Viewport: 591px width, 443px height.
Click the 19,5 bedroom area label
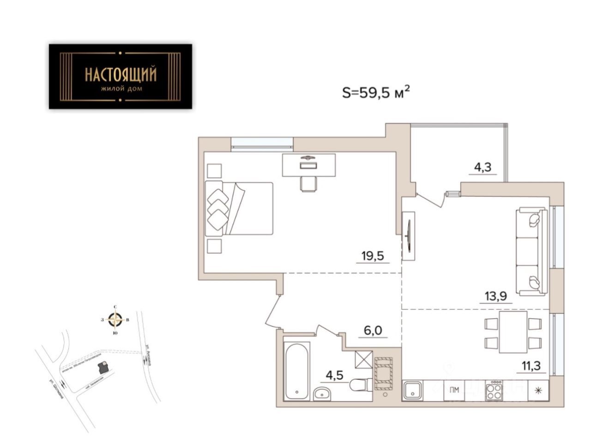pos(373,255)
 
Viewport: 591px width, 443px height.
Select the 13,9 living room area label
pos(499,296)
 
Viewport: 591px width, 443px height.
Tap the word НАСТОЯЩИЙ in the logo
pos(121,74)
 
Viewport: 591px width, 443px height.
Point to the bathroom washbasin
pos(322,394)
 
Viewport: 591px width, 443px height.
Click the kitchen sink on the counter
pos(412,391)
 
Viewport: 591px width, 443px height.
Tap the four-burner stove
pos(495,391)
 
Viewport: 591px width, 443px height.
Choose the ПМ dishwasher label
pos(454,390)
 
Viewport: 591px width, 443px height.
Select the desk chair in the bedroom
pos(308,183)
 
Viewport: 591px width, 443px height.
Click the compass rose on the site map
pos(115,319)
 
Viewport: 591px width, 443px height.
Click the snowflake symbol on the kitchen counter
pos(537,391)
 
